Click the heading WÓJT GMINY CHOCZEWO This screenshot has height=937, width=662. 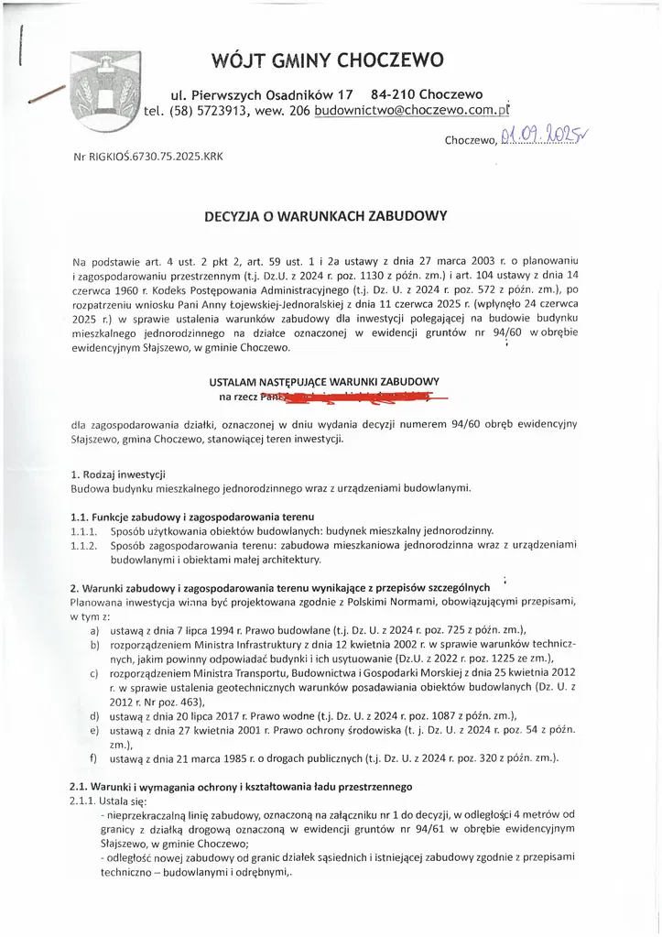[x=327, y=60]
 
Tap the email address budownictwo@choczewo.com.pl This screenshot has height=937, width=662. [x=410, y=110]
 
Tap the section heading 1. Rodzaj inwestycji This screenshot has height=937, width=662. [x=117, y=474]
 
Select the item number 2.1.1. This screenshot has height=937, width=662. [x=83, y=800]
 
